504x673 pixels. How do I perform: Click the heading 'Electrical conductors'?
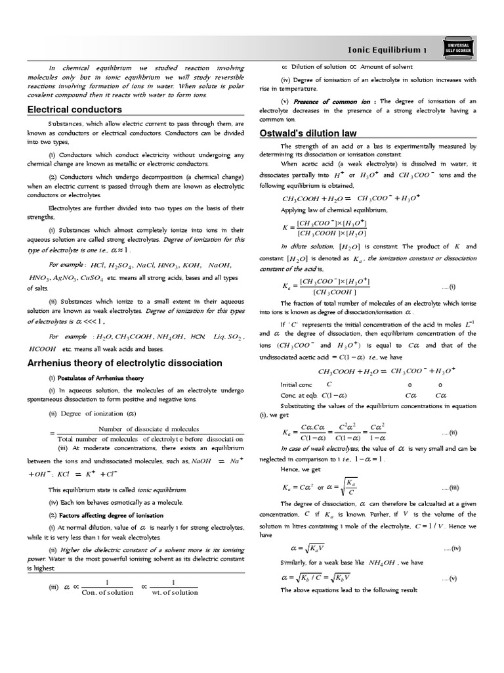tap(74, 110)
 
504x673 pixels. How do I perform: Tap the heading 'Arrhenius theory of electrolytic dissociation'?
tap(125, 363)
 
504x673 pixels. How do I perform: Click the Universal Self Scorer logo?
tap(457, 46)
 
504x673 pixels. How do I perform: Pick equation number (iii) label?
tap(450, 487)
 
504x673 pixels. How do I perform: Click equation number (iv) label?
tap(452, 548)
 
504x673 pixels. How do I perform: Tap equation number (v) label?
tap(452, 578)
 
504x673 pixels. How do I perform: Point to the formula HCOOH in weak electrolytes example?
tap(43, 349)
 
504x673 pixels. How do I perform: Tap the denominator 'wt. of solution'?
tap(175, 592)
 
